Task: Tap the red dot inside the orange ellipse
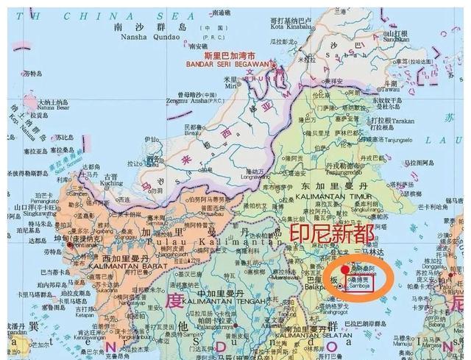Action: point(354,271)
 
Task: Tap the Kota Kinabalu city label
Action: point(294,29)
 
